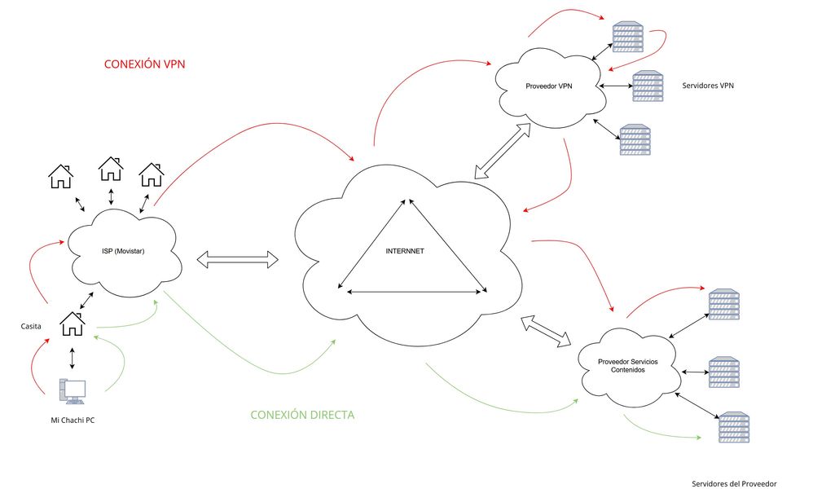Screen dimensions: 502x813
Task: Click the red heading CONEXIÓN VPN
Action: point(145,64)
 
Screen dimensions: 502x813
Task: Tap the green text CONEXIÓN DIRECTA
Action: point(302,415)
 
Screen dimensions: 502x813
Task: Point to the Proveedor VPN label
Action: point(550,87)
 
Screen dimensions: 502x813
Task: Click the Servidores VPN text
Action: point(709,85)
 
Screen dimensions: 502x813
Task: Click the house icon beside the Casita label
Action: point(73,325)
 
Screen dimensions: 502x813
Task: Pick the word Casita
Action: point(32,327)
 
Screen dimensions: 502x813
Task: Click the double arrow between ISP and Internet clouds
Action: point(238,261)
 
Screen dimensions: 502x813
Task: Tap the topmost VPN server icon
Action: point(628,36)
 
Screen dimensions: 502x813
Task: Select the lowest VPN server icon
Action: point(635,140)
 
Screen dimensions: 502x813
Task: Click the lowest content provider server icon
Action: point(733,428)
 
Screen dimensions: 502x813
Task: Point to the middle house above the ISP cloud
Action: point(111,169)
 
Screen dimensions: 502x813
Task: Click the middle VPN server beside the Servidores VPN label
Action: point(648,86)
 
